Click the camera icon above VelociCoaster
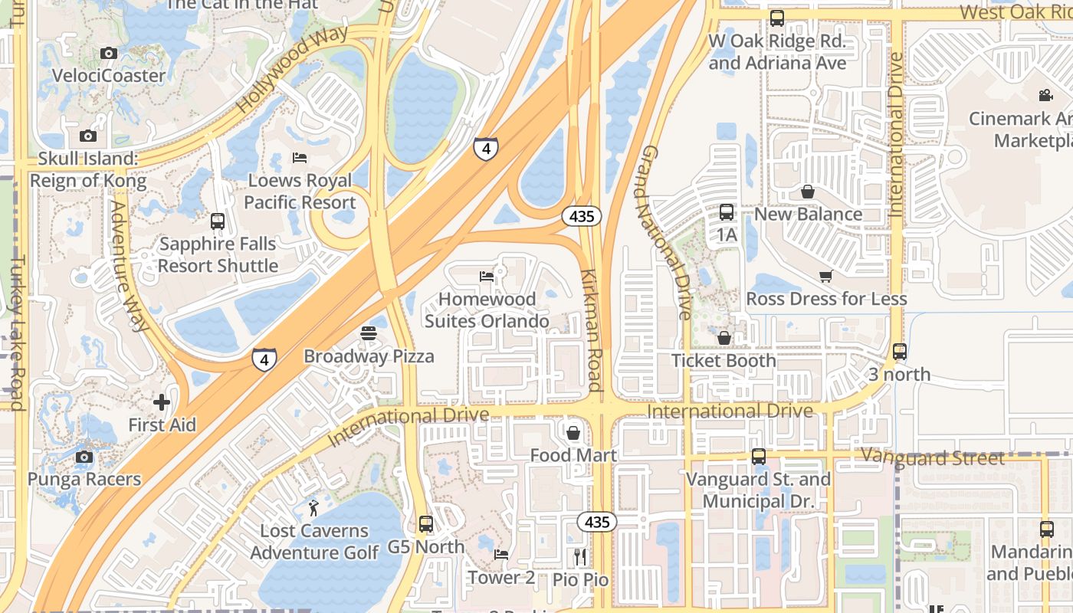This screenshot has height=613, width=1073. (109, 53)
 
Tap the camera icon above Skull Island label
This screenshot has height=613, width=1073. (88, 136)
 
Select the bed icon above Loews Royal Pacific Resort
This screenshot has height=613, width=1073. (300, 158)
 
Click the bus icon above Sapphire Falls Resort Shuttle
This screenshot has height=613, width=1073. (218, 221)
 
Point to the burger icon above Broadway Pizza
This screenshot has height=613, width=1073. (369, 333)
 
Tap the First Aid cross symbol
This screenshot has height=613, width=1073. (162, 402)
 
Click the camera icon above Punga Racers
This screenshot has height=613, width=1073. (84, 457)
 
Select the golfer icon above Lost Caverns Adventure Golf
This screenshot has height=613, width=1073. (313, 507)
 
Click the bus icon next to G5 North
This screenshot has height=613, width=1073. (426, 524)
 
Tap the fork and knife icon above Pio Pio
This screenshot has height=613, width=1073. (580, 556)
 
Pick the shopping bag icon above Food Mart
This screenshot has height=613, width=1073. (573, 433)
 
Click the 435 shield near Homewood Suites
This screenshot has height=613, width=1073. (582, 217)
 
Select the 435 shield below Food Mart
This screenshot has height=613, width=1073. (596, 523)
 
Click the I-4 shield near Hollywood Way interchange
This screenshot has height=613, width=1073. (486, 148)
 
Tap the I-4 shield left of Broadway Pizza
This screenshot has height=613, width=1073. (264, 358)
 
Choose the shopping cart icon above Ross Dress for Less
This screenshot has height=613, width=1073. (825, 276)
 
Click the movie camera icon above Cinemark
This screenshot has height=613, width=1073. (1045, 95)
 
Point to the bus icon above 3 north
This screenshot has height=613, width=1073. (900, 352)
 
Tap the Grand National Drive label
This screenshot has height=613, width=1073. (664, 232)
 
